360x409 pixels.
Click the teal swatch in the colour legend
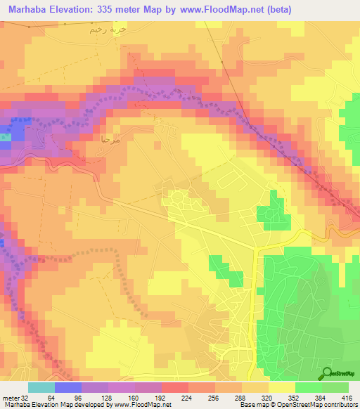tap(41, 388)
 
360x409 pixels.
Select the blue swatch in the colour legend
tap(68, 388)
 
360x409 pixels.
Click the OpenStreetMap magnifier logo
tap(328, 372)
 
